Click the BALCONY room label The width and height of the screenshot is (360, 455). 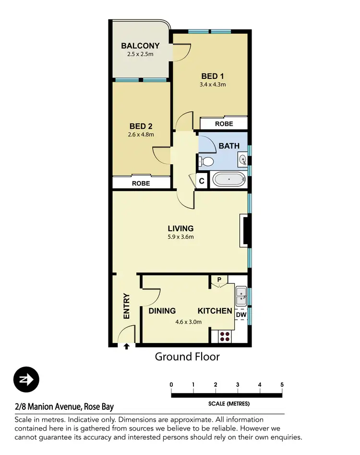point(140,46)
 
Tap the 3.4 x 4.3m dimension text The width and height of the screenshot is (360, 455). point(213,85)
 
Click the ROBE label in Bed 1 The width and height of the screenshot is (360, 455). point(224,124)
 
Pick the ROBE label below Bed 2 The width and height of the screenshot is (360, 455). point(141,184)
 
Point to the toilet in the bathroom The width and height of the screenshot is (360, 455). point(206,162)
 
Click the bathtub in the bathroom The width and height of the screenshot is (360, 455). point(229,180)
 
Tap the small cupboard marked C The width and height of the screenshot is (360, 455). point(202,181)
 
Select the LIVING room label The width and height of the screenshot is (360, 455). point(180,228)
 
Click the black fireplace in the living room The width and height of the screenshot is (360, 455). point(245,231)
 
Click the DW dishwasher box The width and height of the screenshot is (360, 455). point(241,315)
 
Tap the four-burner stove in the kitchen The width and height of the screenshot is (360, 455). point(225,336)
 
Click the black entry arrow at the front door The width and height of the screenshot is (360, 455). point(127,346)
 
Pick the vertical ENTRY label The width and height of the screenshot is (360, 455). point(127,306)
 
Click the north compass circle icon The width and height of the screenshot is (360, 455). point(26,380)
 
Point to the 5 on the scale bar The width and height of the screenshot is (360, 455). point(282,384)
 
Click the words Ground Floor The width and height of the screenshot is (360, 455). point(187,357)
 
